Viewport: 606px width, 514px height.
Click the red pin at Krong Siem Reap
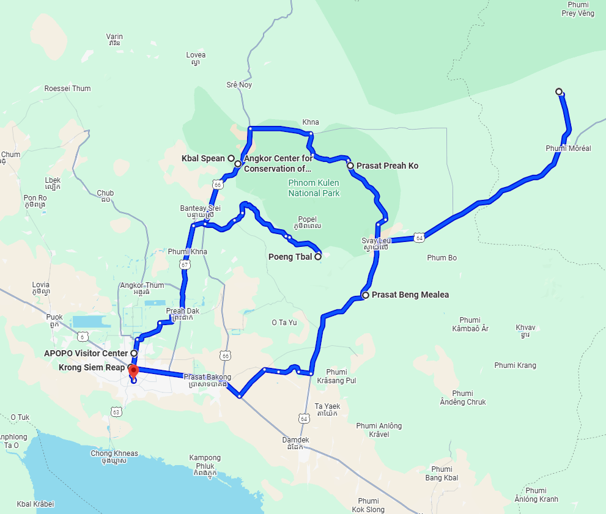[x=133, y=369]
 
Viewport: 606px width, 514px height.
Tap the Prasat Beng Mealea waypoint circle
[x=366, y=295]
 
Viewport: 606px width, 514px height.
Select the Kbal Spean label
[x=203, y=159]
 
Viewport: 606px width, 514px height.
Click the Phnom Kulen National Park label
[x=314, y=188]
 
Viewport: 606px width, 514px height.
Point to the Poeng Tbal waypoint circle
[x=318, y=257]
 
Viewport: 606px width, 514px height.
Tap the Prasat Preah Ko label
[x=387, y=166]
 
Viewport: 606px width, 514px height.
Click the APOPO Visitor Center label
[x=86, y=353]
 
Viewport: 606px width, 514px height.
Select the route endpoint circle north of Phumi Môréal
[x=559, y=92]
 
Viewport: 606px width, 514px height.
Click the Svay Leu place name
[x=375, y=244]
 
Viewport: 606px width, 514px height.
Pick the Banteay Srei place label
[x=200, y=211]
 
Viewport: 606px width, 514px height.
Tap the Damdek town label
[x=295, y=444]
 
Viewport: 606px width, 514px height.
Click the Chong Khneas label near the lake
[x=114, y=457]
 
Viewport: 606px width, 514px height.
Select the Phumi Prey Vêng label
[x=577, y=9]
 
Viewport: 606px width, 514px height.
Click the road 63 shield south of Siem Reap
[x=117, y=412]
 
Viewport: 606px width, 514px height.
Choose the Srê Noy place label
[x=239, y=85]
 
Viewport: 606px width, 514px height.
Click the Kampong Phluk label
[x=205, y=461]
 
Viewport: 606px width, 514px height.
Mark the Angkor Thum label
[x=142, y=288]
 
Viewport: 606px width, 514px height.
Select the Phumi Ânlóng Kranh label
[x=536, y=495]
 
